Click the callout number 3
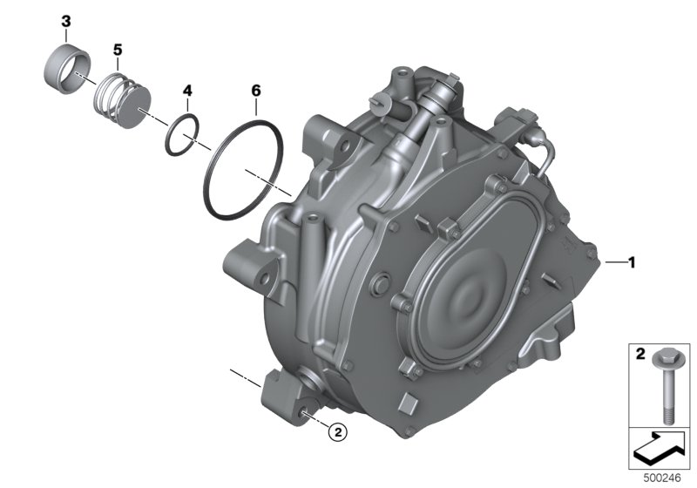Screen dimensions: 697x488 tap(66, 21)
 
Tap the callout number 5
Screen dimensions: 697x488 tap(118, 50)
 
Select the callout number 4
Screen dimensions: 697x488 tap(187, 91)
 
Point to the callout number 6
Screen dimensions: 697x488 tap(256, 91)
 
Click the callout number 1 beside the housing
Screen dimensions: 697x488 tap(631, 262)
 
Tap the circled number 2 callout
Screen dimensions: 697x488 tap(337, 431)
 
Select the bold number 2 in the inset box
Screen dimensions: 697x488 tap(640, 354)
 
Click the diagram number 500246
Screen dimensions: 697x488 tap(662, 478)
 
